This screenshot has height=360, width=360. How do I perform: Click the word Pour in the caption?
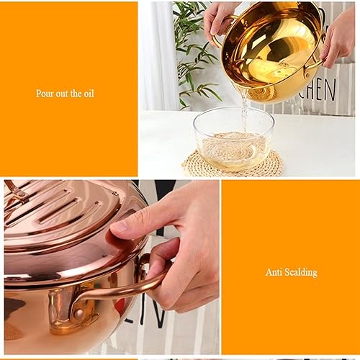pyautogui.click(x=44, y=94)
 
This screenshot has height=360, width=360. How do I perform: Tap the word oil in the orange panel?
pyautogui.click(x=88, y=94)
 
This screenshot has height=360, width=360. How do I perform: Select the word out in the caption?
pyautogui.click(x=60, y=94)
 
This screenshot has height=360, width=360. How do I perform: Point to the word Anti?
pyautogui.click(x=273, y=272)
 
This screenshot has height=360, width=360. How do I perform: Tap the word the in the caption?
pyautogui.click(x=74, y=94)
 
